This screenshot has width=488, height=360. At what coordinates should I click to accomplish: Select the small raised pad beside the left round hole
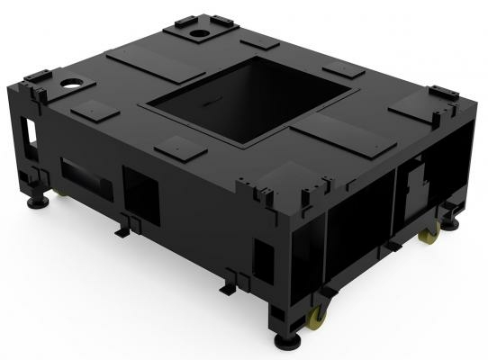94,109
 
